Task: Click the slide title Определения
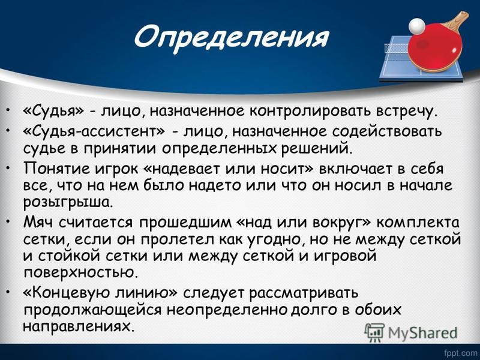pos(231,38)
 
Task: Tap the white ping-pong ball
pos(417,25)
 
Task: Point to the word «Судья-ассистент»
pos(94,131)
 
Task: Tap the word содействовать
pos(387,131)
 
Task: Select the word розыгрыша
pos(68,203)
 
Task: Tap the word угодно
pos(271,239)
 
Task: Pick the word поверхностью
pos(79,273)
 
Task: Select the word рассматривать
pos(303,293)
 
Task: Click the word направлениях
pos(79,326)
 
